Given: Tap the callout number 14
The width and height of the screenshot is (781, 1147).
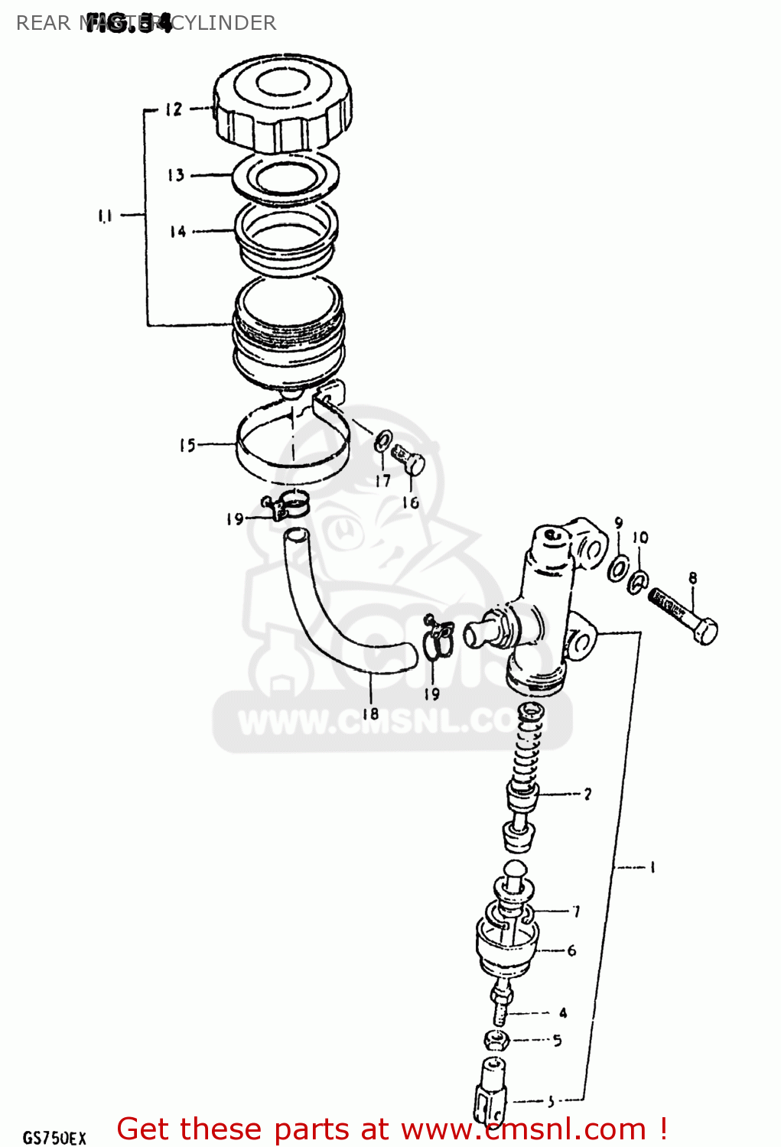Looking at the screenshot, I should [177, 231].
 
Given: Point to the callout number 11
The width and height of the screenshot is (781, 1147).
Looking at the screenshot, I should [105, 216].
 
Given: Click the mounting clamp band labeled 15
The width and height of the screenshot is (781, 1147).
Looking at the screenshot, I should [291, 451].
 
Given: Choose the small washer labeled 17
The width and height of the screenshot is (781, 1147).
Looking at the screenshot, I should [382, 441].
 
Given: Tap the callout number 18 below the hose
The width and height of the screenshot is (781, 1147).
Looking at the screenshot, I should [370, 713].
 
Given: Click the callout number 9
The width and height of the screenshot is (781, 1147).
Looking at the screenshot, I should [618, 524].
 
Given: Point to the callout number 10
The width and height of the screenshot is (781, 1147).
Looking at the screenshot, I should [641, 538].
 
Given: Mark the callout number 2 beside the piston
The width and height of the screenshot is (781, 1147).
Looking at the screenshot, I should [587, 794].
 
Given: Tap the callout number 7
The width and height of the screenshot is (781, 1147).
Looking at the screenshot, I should [576, 911].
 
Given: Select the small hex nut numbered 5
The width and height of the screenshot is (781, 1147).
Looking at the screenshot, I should [496, 1040].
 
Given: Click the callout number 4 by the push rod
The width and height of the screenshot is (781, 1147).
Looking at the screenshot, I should [563, 1013].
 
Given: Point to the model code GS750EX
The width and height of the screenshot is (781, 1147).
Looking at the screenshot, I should [54, 1137].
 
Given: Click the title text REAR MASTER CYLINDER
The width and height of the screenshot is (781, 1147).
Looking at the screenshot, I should [145, 23].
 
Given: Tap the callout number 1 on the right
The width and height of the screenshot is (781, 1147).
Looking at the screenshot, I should [652, 867].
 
